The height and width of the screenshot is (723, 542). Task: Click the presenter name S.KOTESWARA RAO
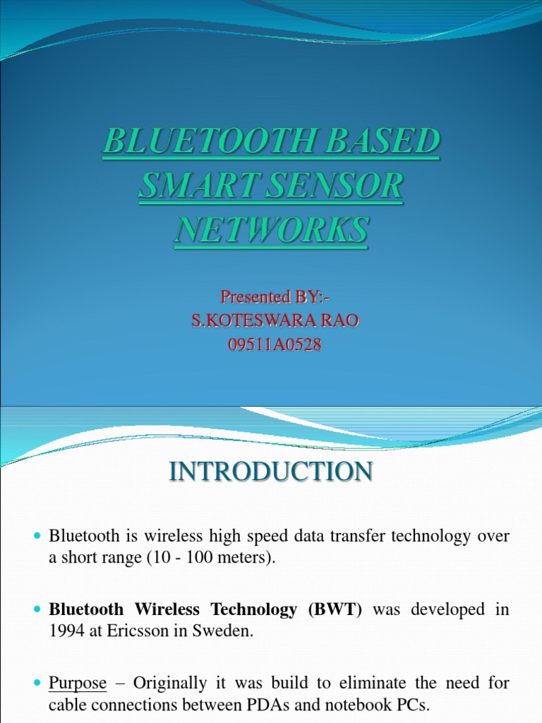tap(271, 321)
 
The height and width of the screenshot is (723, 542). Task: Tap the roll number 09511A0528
tap(271, 346)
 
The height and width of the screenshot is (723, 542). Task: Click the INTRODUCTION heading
tap(271, 472)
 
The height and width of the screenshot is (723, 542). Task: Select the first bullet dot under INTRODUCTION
tap(38, 537)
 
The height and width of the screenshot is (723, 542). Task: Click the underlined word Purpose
tap(78, 683)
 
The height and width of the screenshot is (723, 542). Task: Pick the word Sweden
tap(227, 632)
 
